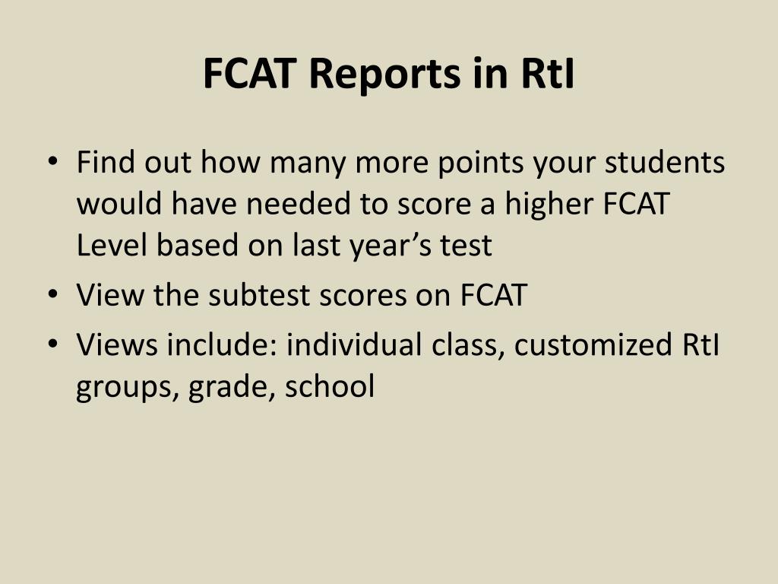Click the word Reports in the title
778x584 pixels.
tap(385, 75)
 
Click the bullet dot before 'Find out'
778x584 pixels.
tap(52, 161)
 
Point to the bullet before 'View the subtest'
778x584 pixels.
tap(52, 294)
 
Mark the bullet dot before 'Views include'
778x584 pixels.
tap(52, 343)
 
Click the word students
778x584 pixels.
tap(665, 162)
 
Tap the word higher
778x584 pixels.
tap(549, 205)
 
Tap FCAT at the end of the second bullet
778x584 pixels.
tap(494, 295)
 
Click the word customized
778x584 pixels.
tap(593, 344)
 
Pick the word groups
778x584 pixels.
tap(128, 388)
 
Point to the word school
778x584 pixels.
tap(330, 386)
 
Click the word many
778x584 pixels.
tap(308, 164)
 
